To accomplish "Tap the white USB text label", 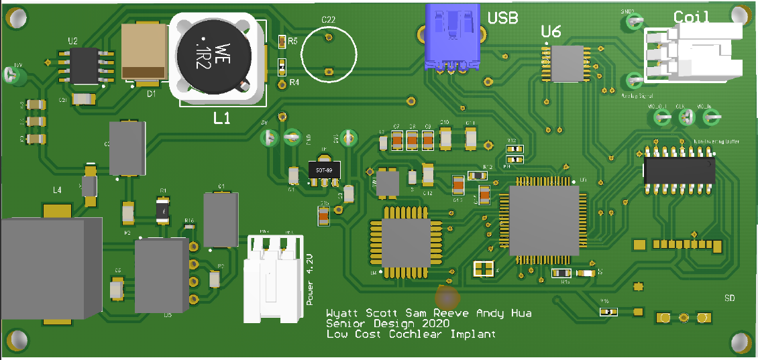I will pyautogui.click(x=502, y=18).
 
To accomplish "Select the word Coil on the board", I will pyautogui.click(x=692, y=17).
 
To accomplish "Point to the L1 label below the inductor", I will pyautogui.click(x=222, y=119).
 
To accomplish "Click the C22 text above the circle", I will pyautogui.click(x=328, y=20).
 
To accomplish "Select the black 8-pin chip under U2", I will pyautogui.click(x=85, y=65).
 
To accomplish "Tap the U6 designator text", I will pyautogui.click(x=551, y=31).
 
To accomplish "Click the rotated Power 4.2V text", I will pyautogui.click(x=309, y=280).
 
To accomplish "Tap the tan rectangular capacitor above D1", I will pyautogui.click(x=144, y=51).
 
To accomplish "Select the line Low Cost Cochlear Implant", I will pyautogui.click(x=411, y=334).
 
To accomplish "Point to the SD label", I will pyautogui.click(x=730, y=298).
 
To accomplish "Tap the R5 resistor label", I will pyautogui.click(x=293, y=42).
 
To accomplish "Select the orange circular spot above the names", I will pyautogui.click(x=447, y=296).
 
